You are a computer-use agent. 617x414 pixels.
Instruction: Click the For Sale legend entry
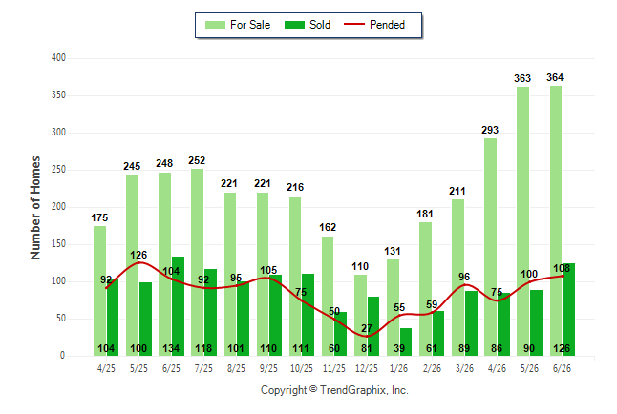(x=238, y=25)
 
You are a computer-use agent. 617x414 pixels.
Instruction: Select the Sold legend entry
(x=308, y=25)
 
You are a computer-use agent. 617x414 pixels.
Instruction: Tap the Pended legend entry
(x=374, y=25)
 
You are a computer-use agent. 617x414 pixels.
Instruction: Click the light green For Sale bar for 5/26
(x=523, y=221)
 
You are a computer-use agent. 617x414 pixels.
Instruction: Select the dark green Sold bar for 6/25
(x=178, y=306)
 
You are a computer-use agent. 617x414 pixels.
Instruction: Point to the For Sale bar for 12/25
(x=360, y=316)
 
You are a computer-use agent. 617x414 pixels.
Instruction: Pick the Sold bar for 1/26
(x=406, y=342)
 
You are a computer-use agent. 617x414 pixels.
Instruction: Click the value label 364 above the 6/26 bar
(x=555, y=77)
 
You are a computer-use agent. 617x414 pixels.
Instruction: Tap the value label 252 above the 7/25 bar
(x=197, y=160)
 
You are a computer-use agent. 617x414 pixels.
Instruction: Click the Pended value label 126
(x=138, y=255)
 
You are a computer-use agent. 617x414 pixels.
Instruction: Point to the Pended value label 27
(x=367, y=328)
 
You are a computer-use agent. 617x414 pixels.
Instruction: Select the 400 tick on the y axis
(x=58, y=58)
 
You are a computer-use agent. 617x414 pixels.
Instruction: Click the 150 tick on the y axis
(x=58, y=244)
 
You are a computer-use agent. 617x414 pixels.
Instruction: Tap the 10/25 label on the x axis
(x=302, y=368)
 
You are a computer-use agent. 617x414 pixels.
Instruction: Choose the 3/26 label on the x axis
(x=464, y=368)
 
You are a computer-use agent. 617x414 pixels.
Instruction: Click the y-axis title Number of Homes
(x=35, y=208)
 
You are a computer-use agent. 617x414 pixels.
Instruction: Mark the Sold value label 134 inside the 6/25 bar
(x=171, y=348)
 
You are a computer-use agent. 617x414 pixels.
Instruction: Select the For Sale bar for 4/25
(x=100, y=291)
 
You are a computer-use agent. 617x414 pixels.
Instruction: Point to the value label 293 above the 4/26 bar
(x=490, y=130)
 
